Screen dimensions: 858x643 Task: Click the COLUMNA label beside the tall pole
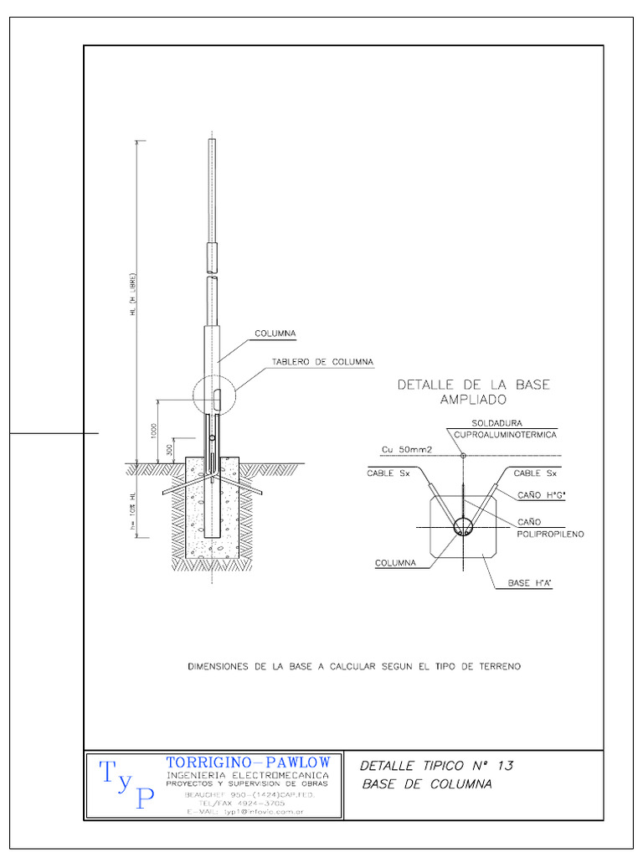(275, 333)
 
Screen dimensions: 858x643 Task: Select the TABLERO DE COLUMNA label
(321, 363)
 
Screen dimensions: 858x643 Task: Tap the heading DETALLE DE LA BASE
(473, 385)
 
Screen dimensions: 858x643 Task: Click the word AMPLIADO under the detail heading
(473, 401)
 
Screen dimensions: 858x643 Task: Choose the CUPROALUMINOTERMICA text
(505, 436)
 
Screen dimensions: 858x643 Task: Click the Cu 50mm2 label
(407, 451)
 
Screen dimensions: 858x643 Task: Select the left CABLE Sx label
(387, 473)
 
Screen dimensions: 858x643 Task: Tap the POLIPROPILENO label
(550, 533)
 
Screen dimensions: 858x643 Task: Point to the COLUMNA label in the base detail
(395, 563)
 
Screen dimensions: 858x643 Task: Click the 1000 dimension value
(154, 431)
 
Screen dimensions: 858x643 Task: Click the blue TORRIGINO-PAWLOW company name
(249, 762)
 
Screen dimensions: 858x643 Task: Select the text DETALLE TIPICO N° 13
(436, 766)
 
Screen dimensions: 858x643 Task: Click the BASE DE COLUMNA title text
(427, 785)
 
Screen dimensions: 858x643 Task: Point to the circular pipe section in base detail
(462, 527)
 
